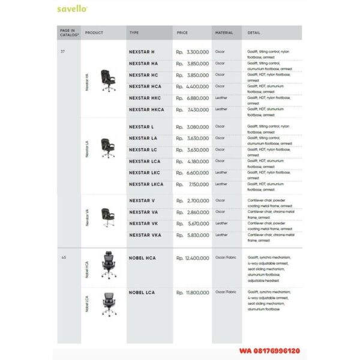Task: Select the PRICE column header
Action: [x=182, y=32]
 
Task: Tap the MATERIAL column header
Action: [x=224, y=32]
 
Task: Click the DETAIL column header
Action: [x=254, y=32]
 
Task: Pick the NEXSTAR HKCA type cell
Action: [x=146, y=109]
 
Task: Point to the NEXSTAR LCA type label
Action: [x=145, y=161]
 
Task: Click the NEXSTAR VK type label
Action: [x=143, y=223]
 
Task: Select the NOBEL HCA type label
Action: [x=142, y=257]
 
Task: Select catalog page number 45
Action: [x=63, y=257]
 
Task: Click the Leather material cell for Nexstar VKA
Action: [x=221, y=235]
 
